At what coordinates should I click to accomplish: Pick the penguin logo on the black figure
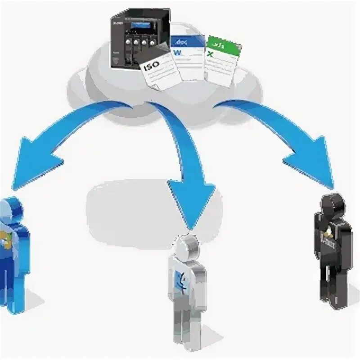click(x=331, y=235)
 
